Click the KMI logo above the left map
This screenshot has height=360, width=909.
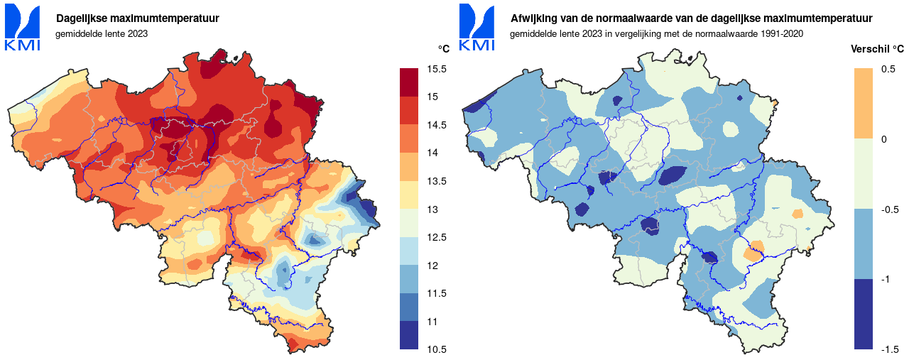tap(22, 28)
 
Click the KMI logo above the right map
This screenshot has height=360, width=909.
tap(477, 28)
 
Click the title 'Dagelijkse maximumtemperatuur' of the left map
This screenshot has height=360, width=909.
tap(138, 18)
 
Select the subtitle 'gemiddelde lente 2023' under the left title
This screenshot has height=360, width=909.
tap(102, 34)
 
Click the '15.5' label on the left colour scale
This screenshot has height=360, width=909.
tap(437, 70)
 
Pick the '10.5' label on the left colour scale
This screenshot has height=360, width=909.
tap(437, 349)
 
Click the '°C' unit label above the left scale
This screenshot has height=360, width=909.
tap(444, 49)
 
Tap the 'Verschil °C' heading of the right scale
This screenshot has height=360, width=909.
tap(877, 49)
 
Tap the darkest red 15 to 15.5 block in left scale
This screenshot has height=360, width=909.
tap(408, 82)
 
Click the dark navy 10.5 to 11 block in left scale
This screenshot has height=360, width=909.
tap(408, 335)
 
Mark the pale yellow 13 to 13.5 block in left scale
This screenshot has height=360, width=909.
tap(408, 195)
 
